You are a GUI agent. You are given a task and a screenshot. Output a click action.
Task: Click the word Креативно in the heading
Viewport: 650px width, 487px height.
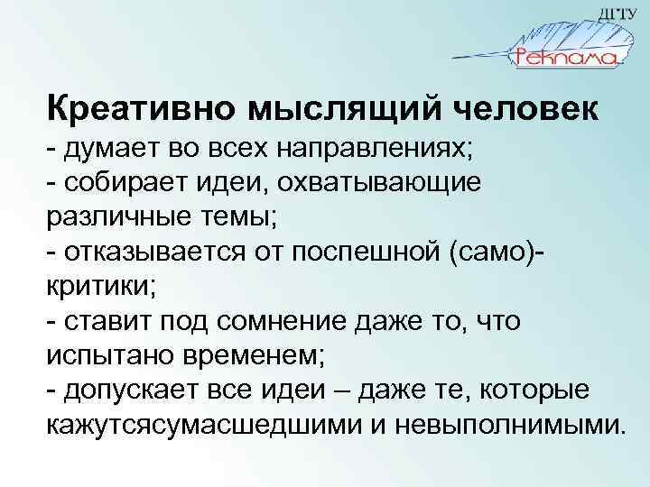pyautogui.click(x=127, y=109)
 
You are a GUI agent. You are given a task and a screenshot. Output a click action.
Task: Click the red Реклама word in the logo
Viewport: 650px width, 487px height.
pyautogui.click(x=564, y=57)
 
